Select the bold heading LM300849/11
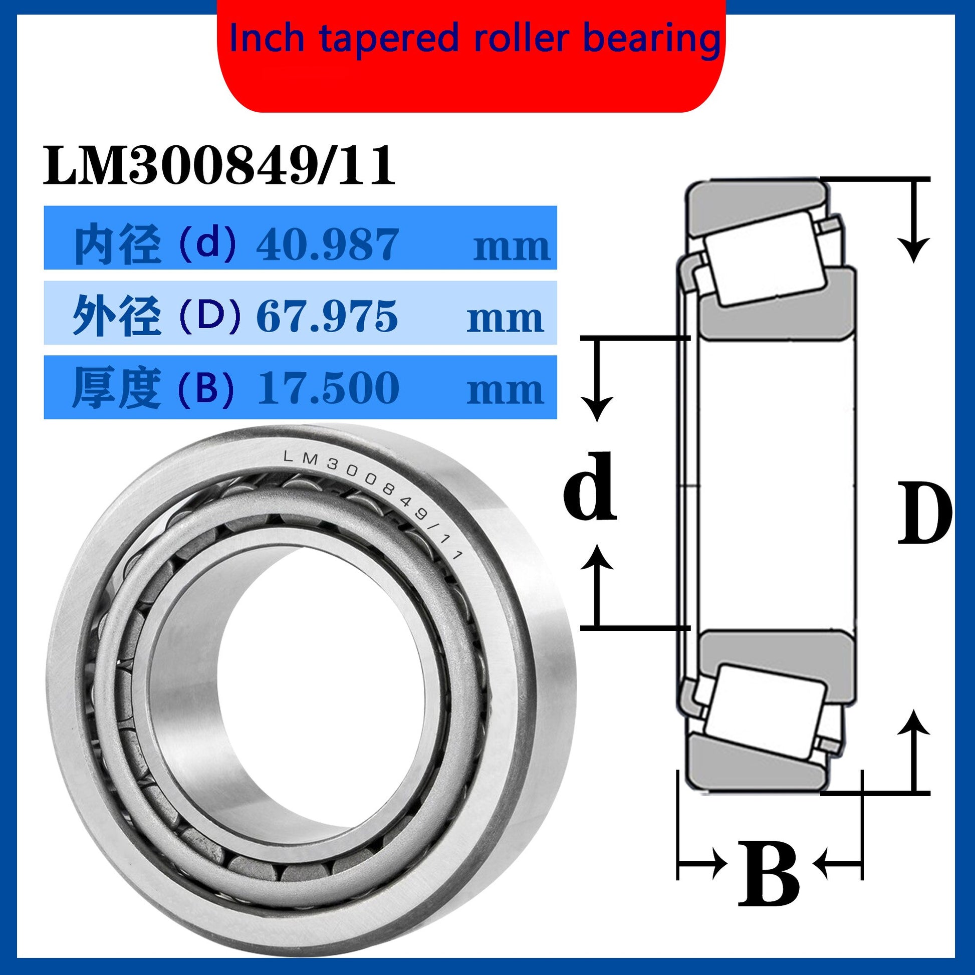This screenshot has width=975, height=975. [x=218, y=165]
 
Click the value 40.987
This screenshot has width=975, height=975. [x=328, y=245]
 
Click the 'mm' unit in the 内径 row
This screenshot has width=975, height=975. [x=511, y=248]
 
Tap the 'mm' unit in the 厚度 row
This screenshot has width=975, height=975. [x=505, y=391]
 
